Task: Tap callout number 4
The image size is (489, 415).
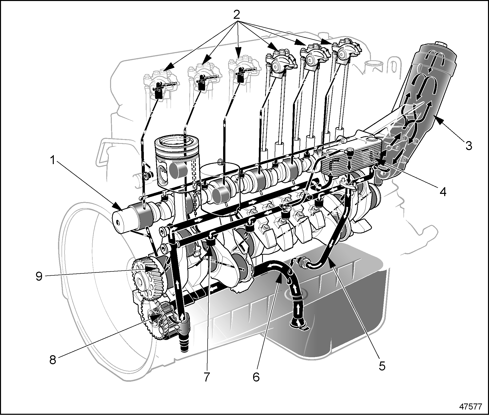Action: point(443,192)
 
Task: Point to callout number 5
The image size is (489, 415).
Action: point(382,366)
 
